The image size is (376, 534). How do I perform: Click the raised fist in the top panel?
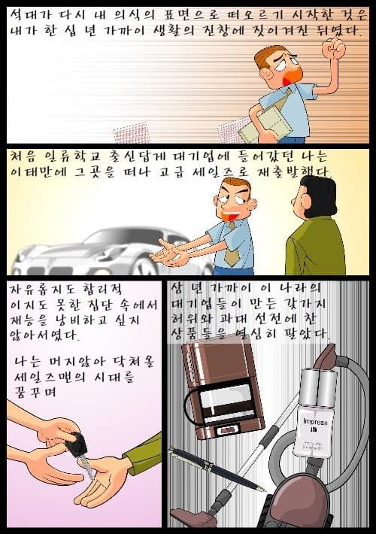[334, 48]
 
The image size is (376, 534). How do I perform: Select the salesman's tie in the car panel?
[232, 244]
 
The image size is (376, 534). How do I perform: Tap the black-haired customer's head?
[315, 198]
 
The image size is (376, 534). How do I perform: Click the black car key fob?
[76, 444]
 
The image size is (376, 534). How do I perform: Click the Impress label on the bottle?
[315, 422]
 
